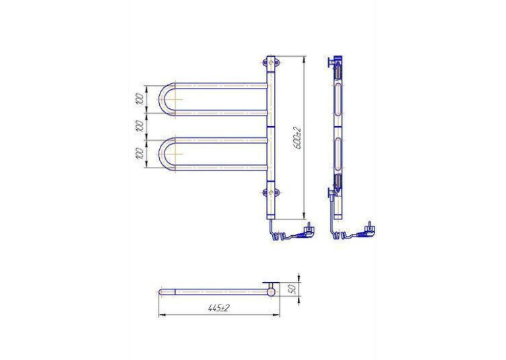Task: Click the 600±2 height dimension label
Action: coord(297,138)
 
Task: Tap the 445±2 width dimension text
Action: coord(219,308)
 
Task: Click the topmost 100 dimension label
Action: coord(139,98)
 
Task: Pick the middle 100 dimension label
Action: coord(139,126)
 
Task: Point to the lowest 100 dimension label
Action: coord(139,153)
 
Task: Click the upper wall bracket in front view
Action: coord(271,63)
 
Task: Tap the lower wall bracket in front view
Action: coord(271,194)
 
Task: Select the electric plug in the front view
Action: coord(308,230)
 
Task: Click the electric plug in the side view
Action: coord(368,230)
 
